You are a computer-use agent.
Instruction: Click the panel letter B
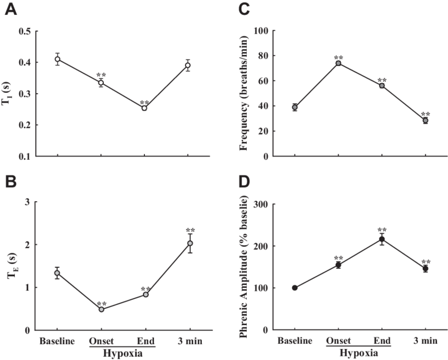[x=11, y=182]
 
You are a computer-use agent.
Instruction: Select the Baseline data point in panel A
[x=57, y=59]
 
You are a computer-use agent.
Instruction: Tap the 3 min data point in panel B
[x=190, y=243]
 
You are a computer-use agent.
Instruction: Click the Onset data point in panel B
[x=101, y=310]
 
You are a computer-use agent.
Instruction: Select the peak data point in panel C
[x=338, y=63]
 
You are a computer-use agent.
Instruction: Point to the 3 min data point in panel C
[x=425, y=121]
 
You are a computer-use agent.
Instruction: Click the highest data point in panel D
[x=382, y=239]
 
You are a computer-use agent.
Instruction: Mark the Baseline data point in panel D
[x=295, y=288]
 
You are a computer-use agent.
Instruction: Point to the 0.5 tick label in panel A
[x=25, y=31]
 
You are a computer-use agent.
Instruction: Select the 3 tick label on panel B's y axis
[x=26, y=202]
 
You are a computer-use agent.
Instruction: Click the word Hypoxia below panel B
[x=123, y=353]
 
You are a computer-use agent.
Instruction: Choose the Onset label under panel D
[x=337, y=341]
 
